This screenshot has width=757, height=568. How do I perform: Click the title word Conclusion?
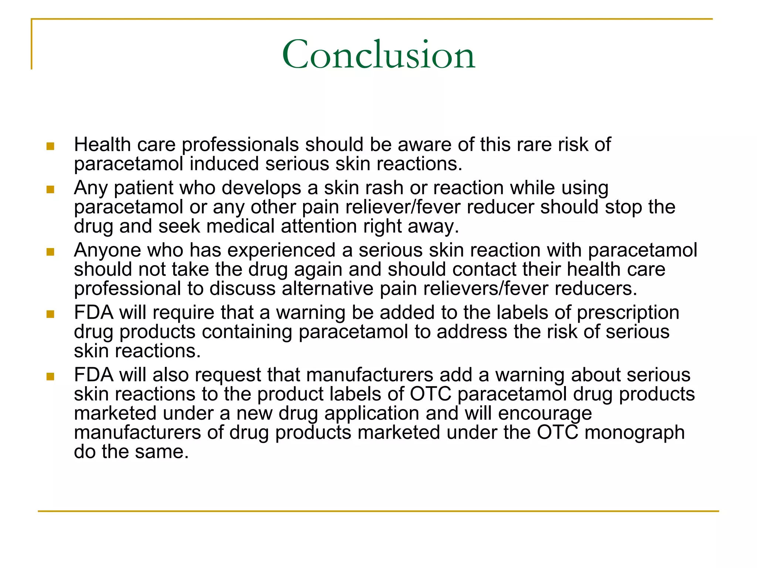[378, 55]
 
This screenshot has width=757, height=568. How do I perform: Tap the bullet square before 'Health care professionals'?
[50, 146]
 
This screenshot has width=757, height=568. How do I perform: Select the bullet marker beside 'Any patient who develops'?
[50, 190]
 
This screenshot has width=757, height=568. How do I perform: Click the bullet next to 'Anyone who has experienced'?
[50, 252]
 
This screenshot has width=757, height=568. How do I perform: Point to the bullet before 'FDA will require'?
[50, 314]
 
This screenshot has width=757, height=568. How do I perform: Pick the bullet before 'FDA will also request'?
[50, 377]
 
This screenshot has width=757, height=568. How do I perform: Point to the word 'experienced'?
[281, 250]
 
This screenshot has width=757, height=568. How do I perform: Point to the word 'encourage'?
[545, 413]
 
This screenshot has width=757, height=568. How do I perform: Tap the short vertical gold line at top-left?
[32, 44]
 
